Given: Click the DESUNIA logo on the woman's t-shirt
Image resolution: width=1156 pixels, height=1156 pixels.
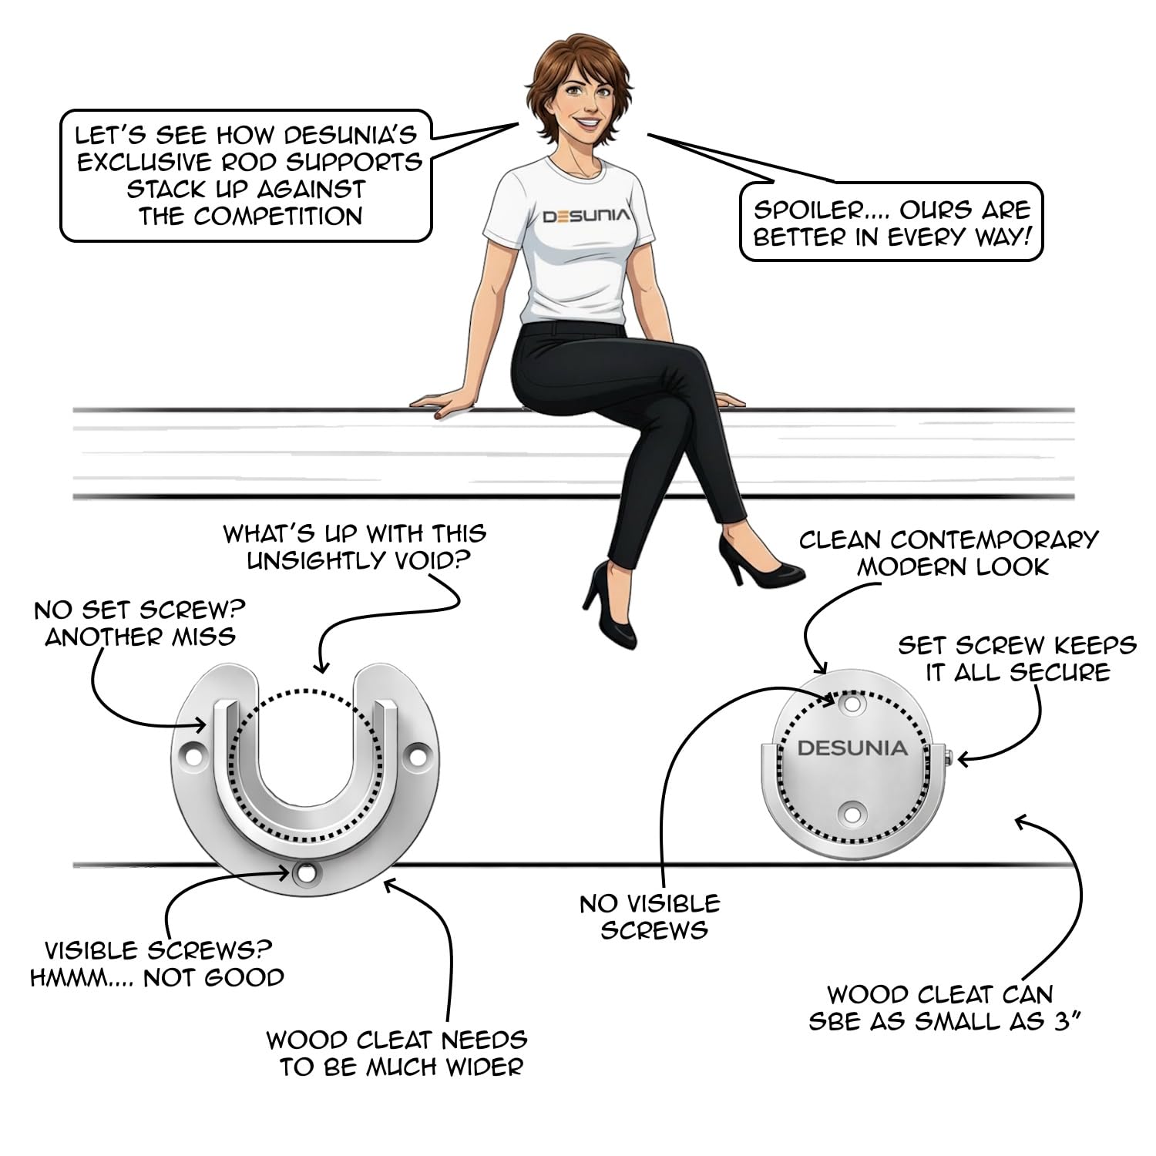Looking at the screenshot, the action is click(x=586, y=216).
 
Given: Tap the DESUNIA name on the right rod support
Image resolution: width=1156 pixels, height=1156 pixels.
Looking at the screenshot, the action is click(x=852, y=748).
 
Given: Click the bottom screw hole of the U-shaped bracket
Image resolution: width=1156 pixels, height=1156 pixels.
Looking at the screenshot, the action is click(x=306, y=873).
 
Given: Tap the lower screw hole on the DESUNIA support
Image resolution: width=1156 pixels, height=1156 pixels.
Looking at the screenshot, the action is click(x=852, y=812).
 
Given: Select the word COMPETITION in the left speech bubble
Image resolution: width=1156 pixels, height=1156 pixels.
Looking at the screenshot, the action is click(x=278, y=217).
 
